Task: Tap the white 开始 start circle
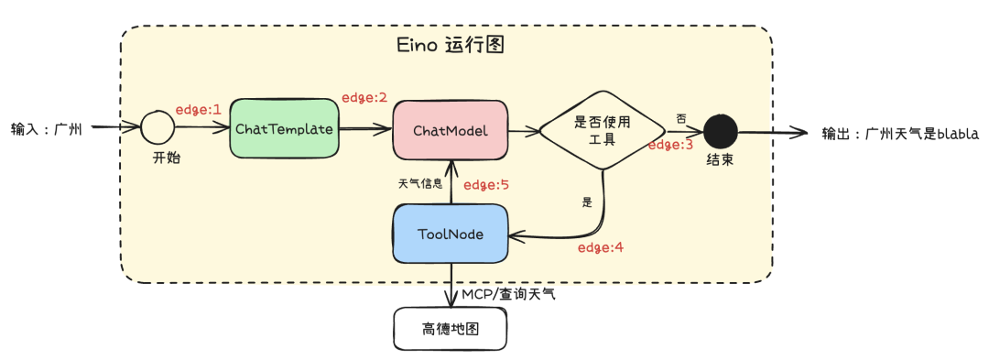click(x=158, y=128)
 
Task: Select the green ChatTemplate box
click(x=283, y=128)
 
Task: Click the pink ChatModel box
click(x=450, y=131)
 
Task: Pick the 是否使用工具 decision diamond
click(x=600, y=130)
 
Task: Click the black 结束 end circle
click(x=720, y=132)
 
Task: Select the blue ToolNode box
click(x=451, y=234)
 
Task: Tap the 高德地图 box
click(x=450, y=328)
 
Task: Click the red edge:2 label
click(x=364, y=97)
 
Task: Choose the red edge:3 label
click(x=671, y=145)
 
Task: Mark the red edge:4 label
click(x=601, y=247)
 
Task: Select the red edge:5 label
click(x=485, y=185)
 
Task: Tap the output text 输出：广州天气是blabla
click(x=901, y=134)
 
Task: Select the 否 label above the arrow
click(x=680, y=119)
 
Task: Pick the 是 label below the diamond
click(x=587, y=202)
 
